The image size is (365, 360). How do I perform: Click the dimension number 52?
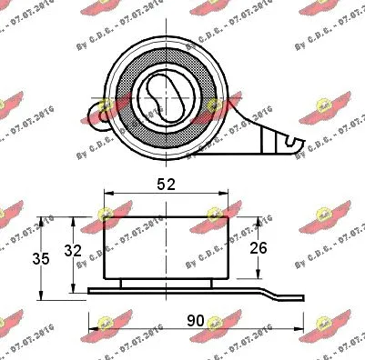tap(165, 183)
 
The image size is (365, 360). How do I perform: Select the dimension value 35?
tap(16, 258)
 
